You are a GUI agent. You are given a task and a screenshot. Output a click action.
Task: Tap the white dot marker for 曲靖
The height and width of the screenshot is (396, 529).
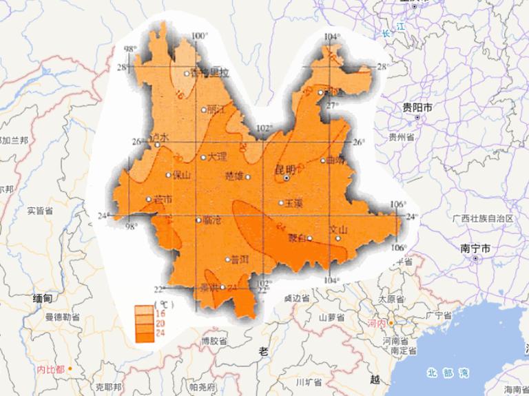[322, 161]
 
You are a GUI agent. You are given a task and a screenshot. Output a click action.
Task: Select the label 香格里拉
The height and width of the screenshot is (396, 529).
[210, 73]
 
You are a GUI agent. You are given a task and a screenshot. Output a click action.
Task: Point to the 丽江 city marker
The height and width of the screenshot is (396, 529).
[203, 110]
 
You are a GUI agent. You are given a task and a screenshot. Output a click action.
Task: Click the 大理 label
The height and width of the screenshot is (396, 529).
[216, 157]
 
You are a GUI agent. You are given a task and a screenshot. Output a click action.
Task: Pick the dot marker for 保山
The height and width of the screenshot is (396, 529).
[168, 175]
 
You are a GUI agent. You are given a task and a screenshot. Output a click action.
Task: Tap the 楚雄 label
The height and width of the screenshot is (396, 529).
[234, 175]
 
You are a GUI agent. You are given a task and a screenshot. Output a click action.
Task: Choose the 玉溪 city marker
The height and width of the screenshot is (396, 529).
[281, 202]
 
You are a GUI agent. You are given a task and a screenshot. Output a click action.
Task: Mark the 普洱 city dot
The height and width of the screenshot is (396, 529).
[228, 260]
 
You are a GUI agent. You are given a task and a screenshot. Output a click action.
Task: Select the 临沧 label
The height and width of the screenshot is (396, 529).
[213, 220]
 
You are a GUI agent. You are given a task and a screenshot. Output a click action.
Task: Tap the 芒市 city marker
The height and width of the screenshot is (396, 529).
[149, 200]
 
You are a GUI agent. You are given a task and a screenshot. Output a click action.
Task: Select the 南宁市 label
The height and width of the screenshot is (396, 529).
[476, 247]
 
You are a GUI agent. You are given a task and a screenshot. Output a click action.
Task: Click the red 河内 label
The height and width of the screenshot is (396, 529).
[375, 322]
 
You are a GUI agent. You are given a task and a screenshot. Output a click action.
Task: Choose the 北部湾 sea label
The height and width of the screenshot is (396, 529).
[447, 373]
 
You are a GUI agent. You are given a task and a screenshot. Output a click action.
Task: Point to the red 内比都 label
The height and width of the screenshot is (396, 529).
[50, 370]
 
